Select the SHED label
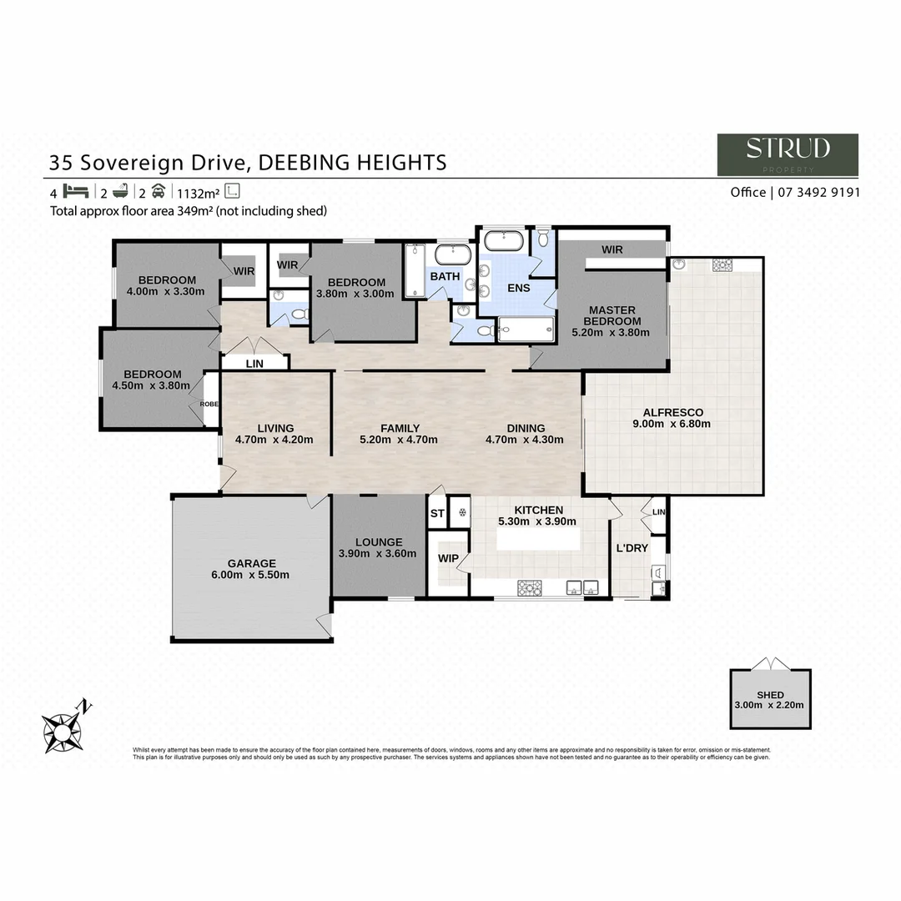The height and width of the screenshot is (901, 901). (x=770, y=695)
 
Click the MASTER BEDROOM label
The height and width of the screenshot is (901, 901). (x=612, y=315)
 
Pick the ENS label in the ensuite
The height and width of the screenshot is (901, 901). (x=519, y=287)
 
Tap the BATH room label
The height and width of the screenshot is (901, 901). (x=445, y=276)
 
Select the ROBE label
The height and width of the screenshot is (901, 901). (x=209, y=404)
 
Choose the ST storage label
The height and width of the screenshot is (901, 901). (x=437, y=514)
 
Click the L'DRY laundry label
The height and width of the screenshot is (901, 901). (x=632, y=548)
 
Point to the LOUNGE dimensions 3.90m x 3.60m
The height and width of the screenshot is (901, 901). (x=377, y=554)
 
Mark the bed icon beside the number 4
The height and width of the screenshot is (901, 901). (x=75, y=190)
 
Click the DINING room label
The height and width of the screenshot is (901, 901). (x=525, y=428)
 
